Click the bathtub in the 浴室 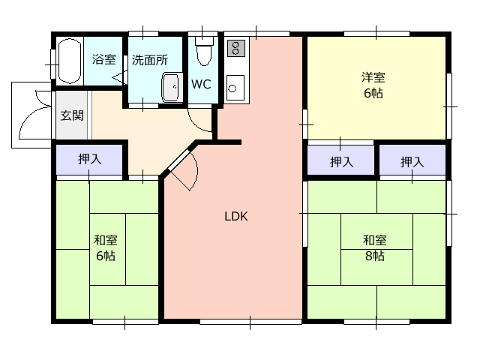[70, 61]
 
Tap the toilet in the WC [204, 51]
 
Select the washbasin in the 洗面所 [171, 88]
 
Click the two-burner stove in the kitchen [236, 48]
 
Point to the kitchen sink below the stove [235, 88]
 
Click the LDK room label [236, 217]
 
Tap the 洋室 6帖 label [373, 85]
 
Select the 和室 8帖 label [375, 248]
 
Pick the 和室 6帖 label [106, 248]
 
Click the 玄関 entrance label [72, 115]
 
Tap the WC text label [201, 84]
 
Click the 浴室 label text [104, 59]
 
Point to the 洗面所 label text [150, 60]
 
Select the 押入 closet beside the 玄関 [89, 159]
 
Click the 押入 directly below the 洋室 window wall [412, 162]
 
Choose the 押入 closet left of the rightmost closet [341, 160]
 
